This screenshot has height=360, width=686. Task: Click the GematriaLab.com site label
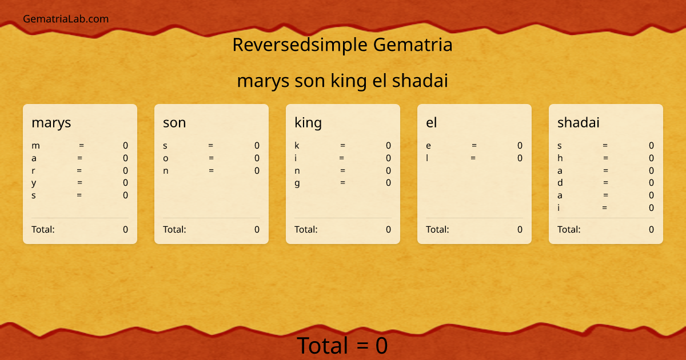coord(66,19)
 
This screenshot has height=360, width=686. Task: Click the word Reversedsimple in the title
coord(300,45)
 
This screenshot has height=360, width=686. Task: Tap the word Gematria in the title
coord(413,45)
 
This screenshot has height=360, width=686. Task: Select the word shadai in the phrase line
coord(420,81)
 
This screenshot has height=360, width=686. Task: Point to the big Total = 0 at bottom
coord(342,346)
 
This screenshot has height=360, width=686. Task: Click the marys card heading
coord(51,122)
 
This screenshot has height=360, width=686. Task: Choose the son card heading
coord(174,122)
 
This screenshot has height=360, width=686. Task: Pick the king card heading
coord(308,123)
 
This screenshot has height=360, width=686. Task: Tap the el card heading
coord(431,122)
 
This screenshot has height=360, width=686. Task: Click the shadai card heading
coord(578,122)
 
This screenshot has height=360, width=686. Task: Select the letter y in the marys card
coord(34,183)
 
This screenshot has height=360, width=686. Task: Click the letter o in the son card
coord(165,158)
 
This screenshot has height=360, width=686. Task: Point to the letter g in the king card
coord(297,183)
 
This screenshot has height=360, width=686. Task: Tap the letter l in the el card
coord(427,158)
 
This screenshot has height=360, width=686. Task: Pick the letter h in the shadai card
coord(560,158)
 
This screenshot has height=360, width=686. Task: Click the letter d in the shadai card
coord(560,183)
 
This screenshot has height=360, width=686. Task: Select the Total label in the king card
coord(306,229)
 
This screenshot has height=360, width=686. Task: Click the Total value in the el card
coord(520,229)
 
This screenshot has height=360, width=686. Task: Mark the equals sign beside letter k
coord(342,145)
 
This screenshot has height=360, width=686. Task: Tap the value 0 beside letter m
coord(125,145)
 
